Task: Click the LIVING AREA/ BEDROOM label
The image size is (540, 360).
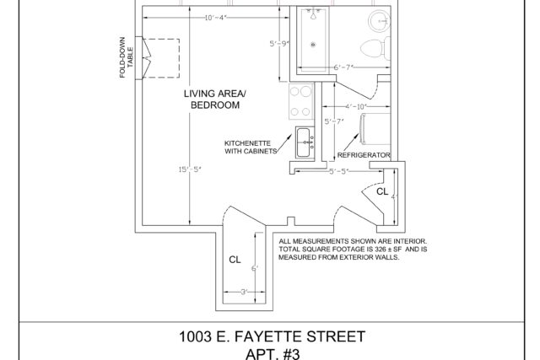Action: [x=215, y=99]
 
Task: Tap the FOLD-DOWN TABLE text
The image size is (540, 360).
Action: [x=127, y=57]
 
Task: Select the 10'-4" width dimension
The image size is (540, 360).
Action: [x=215, y=18]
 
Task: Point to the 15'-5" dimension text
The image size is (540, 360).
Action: [x=189, y=169]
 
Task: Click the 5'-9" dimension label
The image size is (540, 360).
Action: [x=279, y=44]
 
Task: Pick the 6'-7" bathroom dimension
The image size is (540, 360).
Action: [x=343, y=67]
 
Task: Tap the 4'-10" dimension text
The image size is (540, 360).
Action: [x=356, y=107]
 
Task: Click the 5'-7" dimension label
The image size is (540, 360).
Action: [x=334, y=121]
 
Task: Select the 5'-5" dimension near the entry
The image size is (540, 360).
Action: [x=339, y=171]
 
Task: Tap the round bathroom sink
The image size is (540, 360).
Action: [x=380, y=21]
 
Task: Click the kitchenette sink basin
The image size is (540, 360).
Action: [x=305, y=142]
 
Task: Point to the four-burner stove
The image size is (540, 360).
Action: [x=301, y=101]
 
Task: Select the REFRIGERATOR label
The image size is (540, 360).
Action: [x=364, y=155]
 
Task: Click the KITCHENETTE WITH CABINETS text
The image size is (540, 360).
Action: [x=251, y=148]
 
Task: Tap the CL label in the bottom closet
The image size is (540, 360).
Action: [x=235, y=260]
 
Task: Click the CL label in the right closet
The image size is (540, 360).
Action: [x=382, y=191]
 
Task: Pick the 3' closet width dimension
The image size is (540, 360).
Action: [x=244, y=293]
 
